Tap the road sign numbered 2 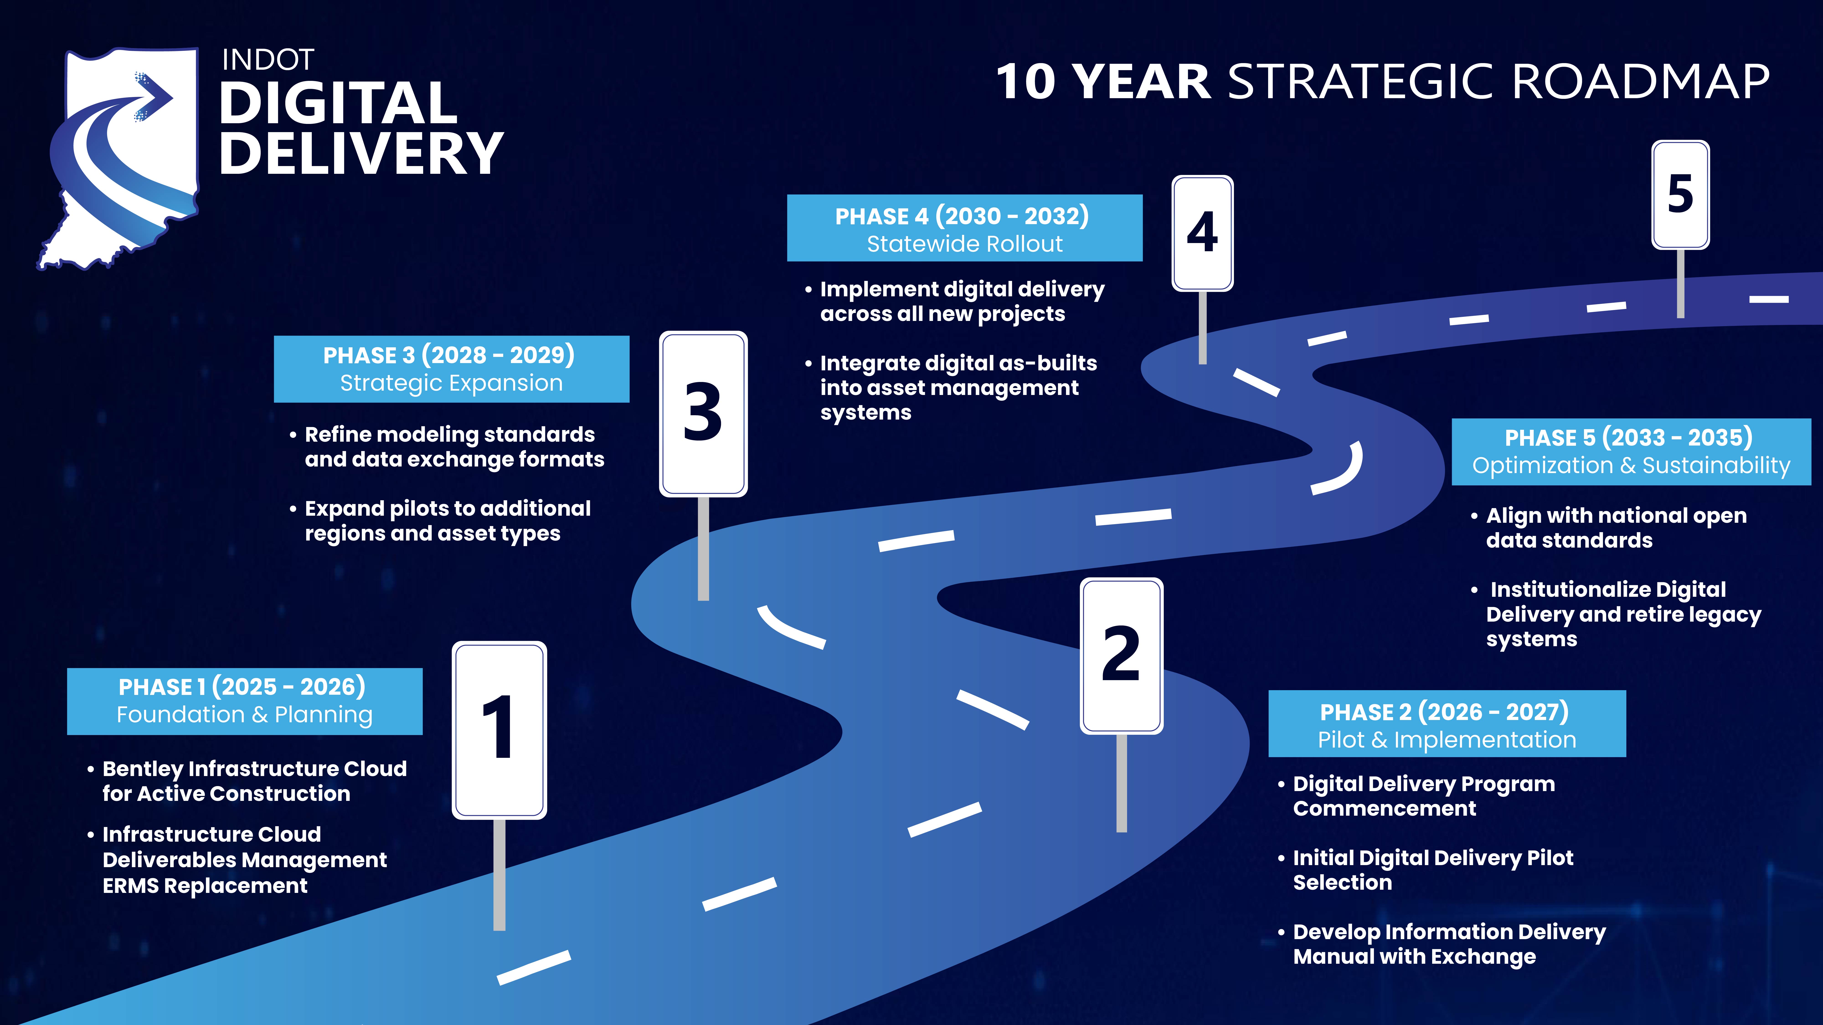[x=1122, y=656]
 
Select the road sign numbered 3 [x=703, y=414]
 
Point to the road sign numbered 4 [x=1202, y=233]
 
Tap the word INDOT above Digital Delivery [x=268, y=60]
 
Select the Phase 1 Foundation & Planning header [x=245, y=701]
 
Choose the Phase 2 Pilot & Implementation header [x=1447, y=724]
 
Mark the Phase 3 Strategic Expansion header [x=451, y=369]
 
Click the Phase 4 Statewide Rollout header [x=965, y=228]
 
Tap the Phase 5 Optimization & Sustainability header [x=1631, y=451]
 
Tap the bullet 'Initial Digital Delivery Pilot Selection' [x=1426, y=870]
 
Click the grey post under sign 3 [x=703, y=548]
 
